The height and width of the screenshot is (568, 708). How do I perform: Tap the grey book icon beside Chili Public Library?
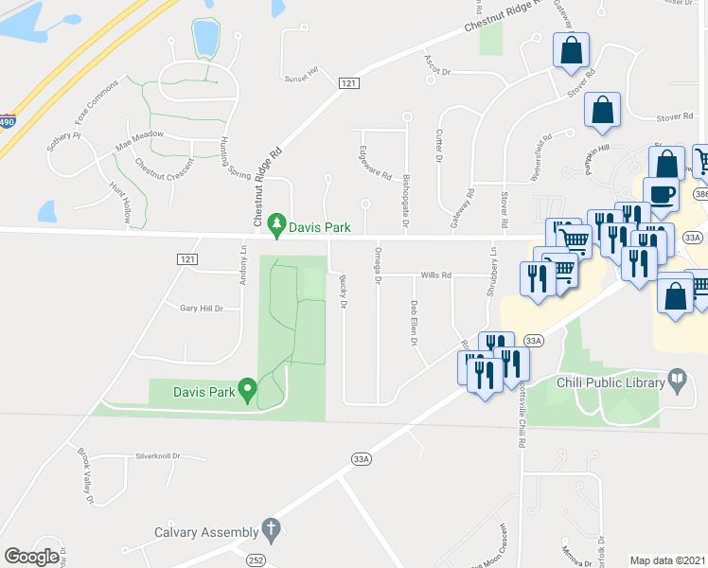pyautogui.click(x=678, y=382)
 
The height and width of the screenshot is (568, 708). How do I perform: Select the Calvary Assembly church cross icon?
pyautogui.click(x=270, y=531)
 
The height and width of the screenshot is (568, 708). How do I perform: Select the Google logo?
pyautogui.click(x=31, y=557)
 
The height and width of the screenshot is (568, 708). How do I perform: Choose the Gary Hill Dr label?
pyautogui.click(x=201, y=308)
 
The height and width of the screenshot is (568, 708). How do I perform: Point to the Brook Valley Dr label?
pyautogui.click(x=86, y=465)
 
